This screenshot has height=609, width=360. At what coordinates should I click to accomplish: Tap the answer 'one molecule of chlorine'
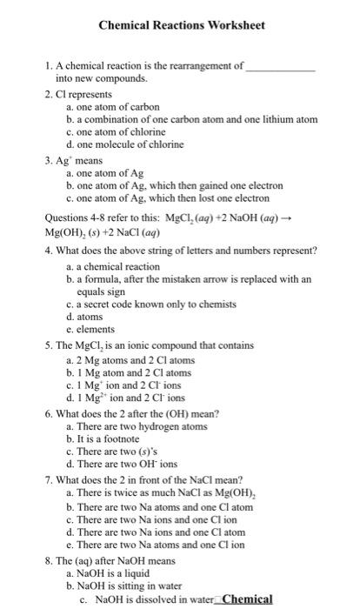pos(131,144)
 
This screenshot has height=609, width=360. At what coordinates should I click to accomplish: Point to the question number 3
pos(49,160)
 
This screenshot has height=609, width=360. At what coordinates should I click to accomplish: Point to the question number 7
pos(49,480)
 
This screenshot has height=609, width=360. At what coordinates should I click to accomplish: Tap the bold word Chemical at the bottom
pos(249,599)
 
